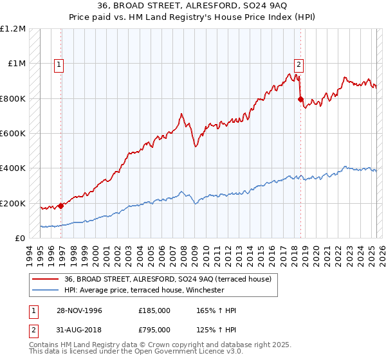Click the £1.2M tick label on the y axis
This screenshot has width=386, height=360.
pyautogui.click(x=13, y=29)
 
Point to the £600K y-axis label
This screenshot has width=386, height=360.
pyautogui.click(x=13, y=134)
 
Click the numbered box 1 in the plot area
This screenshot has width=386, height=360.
pyautogui.click(x=59, y=64)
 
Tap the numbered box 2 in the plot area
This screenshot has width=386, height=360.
pyautogui.click(x=299, y=64)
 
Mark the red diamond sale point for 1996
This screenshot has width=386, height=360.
pyautogui.click(x=61, y=206)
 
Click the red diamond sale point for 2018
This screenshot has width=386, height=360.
pyautogui.click(x=300, y=99)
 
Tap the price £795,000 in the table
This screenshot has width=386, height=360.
pyautogui.click(x=154, y=331)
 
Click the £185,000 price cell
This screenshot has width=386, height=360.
pyautogui.click(x=154, y=311)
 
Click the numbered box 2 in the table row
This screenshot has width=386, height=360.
pyautogui.click(x=32, y=331)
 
